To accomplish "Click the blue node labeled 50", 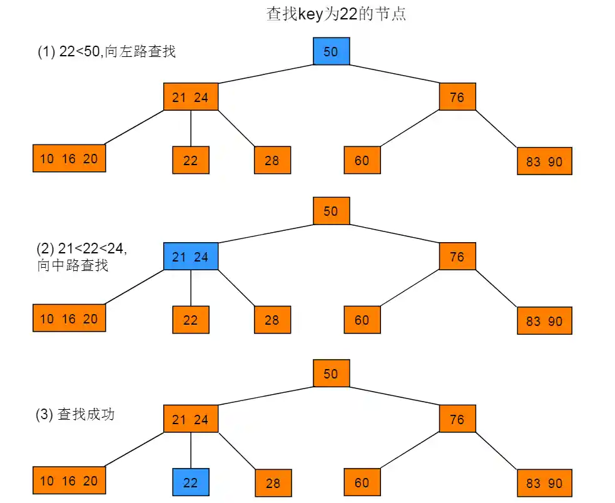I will coord(331,51).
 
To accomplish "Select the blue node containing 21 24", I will coord(191,257).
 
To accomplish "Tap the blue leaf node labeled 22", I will coord(191,482).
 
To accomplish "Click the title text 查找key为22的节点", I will coord(336,14).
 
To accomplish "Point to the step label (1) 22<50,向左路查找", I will coord(106,51).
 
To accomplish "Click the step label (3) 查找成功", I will coord(75,414).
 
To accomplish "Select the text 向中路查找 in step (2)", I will coord(73,265).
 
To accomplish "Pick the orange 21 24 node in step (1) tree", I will coord(191,97).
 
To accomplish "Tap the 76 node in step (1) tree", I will coord(457,97).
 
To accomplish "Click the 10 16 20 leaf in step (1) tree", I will coord(69,158).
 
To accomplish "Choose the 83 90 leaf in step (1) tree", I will coord(544,161).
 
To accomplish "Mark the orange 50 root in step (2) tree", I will coord(331,211).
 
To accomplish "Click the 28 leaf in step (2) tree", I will coord(272,320).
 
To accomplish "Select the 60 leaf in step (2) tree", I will coord(362,320).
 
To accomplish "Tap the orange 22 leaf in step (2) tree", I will coord(191,320).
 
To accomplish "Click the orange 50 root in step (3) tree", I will coord(331,373).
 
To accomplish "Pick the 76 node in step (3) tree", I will coord(457,419).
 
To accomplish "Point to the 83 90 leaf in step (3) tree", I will coord(544,483).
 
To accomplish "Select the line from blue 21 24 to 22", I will coord(191,288).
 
